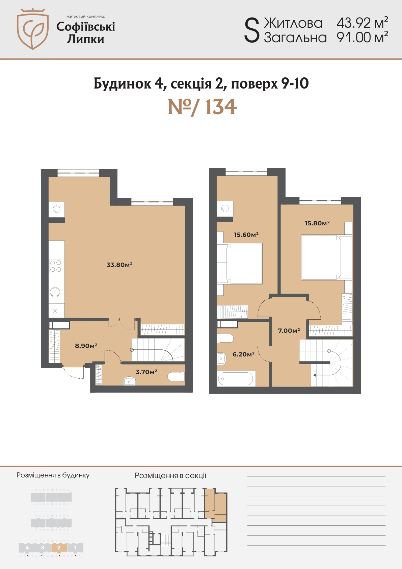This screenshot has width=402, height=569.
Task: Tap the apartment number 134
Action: click(x=220, y=107)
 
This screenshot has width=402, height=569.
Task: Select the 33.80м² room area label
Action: click(x=119, y=265)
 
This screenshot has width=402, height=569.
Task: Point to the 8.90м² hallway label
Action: click(x=86, y=346)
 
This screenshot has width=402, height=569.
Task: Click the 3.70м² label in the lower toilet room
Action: click(x=146, y=372)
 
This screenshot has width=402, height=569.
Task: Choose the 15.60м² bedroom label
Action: click(x=246, y=234)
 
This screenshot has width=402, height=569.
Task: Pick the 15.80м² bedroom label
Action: click(x=317, y=223)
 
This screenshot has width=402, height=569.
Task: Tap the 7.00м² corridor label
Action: click(x=289, y=330)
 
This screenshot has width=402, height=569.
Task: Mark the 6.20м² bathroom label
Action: click(x=244, y=354)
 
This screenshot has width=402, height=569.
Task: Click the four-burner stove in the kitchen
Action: click(x=56, y=266)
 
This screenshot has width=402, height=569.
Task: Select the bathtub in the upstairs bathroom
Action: click(x=236, y=379)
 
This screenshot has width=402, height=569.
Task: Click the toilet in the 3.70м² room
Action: click(x=176, y=376)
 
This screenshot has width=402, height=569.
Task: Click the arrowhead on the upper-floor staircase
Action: click(x=315, y=375)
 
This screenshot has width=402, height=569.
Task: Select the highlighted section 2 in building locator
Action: click(x=59, y=547)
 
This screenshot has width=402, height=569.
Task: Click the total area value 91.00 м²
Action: click(x=362, y=37)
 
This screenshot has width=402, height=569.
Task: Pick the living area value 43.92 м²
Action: click(x=362, y=23)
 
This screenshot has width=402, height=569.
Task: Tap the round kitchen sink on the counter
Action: click(x=55, y=292)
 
